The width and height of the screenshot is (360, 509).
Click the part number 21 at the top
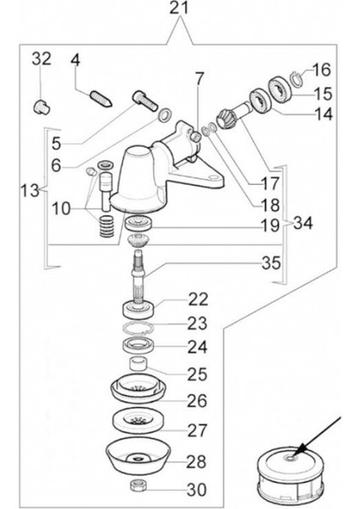point(179,9)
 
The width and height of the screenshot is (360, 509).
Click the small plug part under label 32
point(39,106)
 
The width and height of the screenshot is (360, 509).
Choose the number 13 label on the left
point(28,192)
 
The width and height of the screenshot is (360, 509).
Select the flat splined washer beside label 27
point(139,421)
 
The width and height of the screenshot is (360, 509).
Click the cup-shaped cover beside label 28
point(138,458)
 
